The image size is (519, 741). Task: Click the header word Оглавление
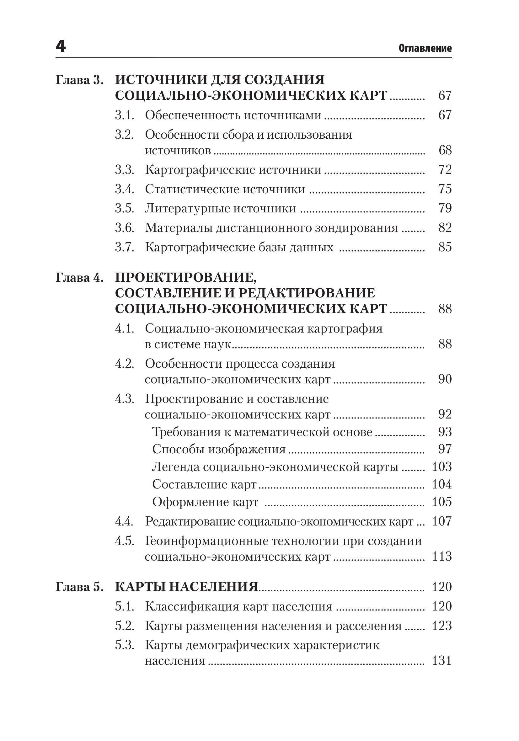425,48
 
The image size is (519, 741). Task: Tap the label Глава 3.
80,80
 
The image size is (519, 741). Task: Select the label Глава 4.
80,278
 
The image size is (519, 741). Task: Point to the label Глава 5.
80,587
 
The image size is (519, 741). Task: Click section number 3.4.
125,189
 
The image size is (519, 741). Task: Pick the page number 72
445,170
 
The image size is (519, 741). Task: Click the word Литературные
186,209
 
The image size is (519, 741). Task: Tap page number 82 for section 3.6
445,228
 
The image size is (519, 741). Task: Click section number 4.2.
125,364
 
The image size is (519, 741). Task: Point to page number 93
445,432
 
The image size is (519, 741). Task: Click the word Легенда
176,467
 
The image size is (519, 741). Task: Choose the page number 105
442,502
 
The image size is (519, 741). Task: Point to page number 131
442,661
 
